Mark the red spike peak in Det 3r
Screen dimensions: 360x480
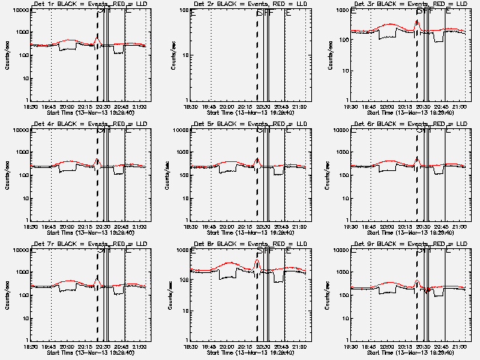[417, 20]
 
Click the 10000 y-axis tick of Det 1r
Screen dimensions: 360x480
[19, 10]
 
